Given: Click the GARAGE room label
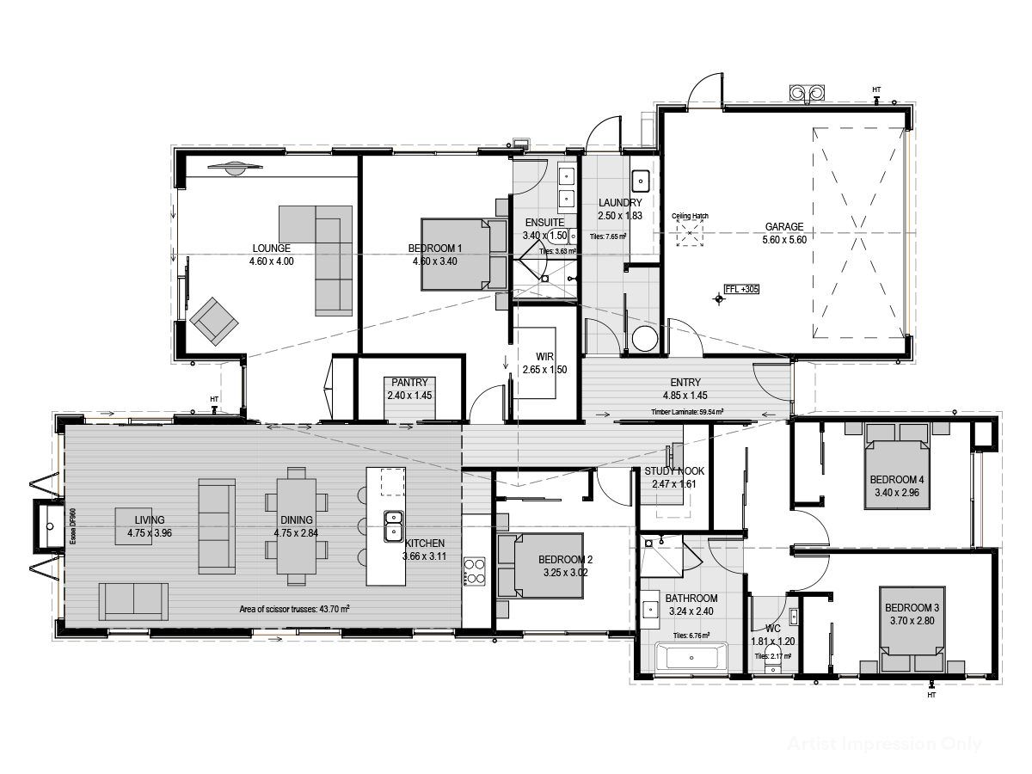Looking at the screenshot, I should [x=783, y=227].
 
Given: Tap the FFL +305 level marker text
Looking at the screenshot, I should [x=742, y=290].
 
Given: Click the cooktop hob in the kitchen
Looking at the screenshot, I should [x=475, y=570].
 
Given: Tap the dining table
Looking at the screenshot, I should [x=296, y=525].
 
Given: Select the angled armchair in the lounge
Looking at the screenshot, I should [x=213, y=321].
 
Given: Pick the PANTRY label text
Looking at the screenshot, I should [x=410, y=383].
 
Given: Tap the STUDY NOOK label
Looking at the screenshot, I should [x=674, y=471].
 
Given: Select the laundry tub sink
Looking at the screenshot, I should [x=641, y=181].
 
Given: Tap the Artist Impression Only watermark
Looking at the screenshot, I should [x=883, y=744].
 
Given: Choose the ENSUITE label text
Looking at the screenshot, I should [x=544, y=223].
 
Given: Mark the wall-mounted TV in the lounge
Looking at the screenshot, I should [x=232, y=169].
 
